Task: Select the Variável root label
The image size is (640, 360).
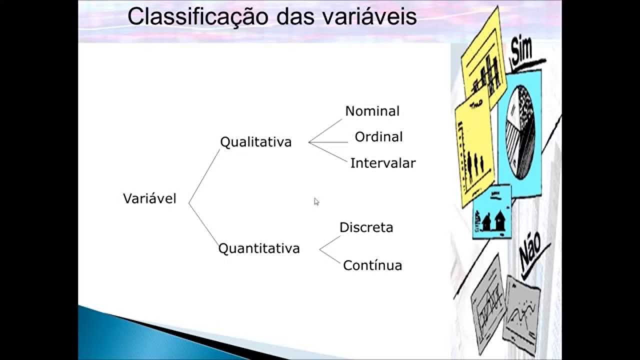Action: [149, 198]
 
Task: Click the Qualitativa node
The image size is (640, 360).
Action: [255, 142]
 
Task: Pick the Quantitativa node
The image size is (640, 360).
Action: [259, 248]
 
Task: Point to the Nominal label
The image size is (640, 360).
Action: [372, 111]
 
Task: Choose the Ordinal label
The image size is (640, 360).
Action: [378, 137]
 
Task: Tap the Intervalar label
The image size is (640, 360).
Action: [382, 163]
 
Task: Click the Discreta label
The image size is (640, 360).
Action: [366, 227]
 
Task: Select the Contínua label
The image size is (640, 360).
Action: [372, 265]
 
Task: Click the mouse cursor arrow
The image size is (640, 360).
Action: [316, 201]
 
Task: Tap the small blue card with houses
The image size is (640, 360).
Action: [492, 212]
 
